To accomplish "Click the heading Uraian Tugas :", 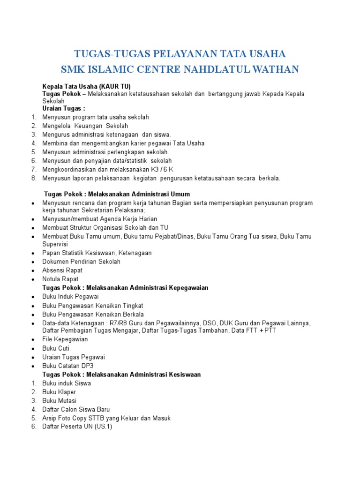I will click(x=64, y=108).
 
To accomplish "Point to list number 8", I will click(x=34, y=178).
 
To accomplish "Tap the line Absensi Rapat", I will click(x=62, y=270).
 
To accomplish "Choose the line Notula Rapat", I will click(x=60, y=279).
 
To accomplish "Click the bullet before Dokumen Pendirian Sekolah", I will click(x=32, y=262).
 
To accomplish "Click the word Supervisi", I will click(x=55, y=244).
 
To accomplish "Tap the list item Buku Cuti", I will click(x=56, y=348).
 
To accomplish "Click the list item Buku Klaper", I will click(x=59, y=392).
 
